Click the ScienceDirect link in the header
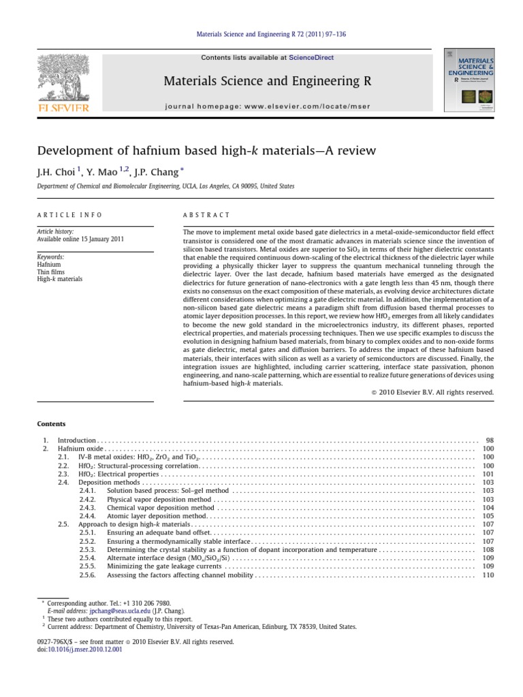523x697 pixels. [x=311, y=58]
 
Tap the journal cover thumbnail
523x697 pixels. [x=469, y=80]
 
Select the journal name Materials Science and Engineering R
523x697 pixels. [x=261, y=82]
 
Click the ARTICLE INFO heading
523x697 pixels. [x=69, y=215]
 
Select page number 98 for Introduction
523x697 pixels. [x=489, y=442]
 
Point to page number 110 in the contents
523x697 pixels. [x=488, y=575]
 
